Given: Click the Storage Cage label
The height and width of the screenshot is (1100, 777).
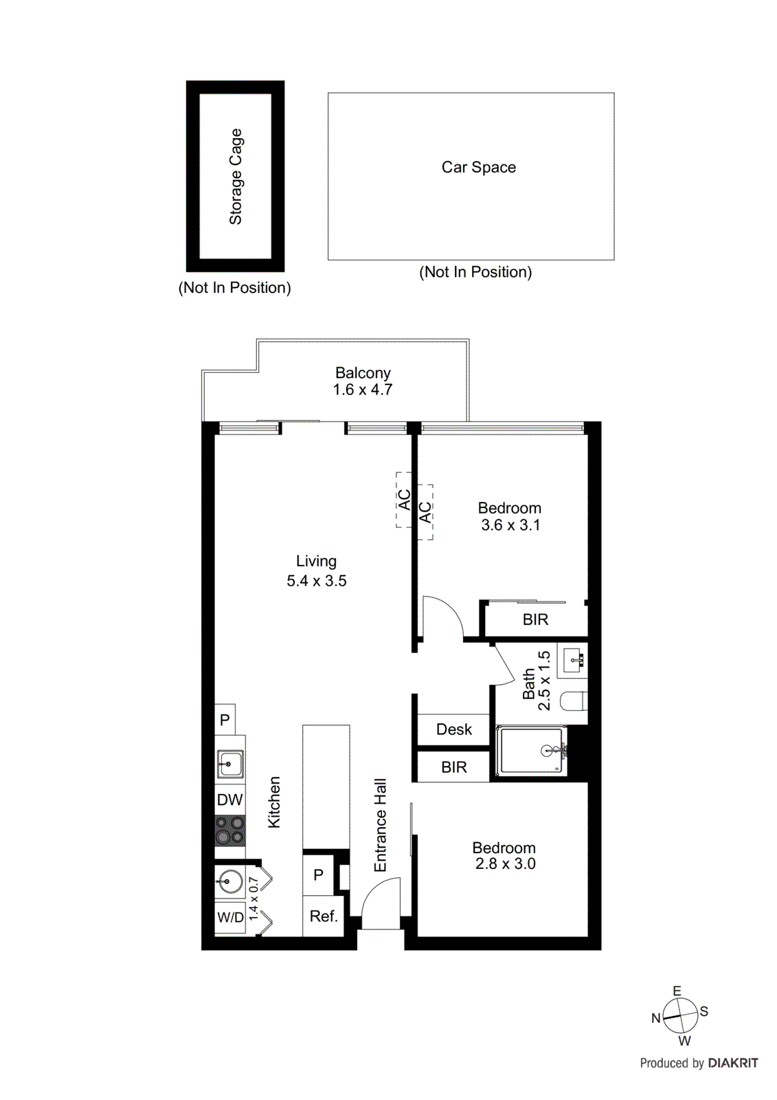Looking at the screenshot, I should click(x=236, y=177).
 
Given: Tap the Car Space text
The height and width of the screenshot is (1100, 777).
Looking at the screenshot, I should click(x=478, y=167).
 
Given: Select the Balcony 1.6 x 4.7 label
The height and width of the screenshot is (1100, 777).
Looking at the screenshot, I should click(x=363, y=382).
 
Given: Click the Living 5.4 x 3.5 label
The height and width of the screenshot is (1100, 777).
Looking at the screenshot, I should click(x=316, y=571).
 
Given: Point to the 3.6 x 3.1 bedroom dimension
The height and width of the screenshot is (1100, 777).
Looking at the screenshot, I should click(x=510, y=525).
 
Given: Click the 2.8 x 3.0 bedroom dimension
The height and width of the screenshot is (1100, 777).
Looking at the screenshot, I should click(x=505, y=864).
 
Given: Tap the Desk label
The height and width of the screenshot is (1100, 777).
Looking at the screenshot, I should click(x=454, y=729).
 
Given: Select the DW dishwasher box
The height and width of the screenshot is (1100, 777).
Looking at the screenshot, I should click(x=229, y=800).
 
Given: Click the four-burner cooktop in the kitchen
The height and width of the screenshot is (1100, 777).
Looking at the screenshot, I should click(x=229, y=830).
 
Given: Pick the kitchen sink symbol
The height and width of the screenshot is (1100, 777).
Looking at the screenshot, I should click(x=229, y=762).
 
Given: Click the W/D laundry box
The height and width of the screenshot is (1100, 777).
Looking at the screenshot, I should click(x=230, y=918).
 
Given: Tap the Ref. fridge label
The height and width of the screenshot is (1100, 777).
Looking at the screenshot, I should click(x=324, y=916).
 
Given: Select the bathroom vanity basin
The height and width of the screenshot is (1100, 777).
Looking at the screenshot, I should click(x=573, y=661).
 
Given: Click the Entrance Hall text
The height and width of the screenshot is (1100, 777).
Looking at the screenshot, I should click(x=381, y=825).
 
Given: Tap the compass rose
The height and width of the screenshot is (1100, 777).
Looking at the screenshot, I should click(x=679, y=1016).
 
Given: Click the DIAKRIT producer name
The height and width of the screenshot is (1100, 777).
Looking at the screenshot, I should click(x=732, y=1063).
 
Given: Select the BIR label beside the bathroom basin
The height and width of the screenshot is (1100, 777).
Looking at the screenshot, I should click(x=535, y=619).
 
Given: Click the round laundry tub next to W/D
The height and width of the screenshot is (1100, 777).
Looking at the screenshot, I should click(x=229, y=881).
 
